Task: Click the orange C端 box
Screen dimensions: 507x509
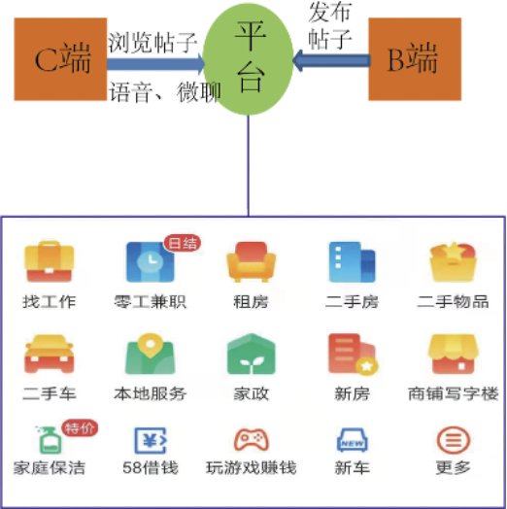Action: point(60,59)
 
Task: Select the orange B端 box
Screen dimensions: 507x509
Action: point(415,59)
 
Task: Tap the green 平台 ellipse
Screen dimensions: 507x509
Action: point(249,59)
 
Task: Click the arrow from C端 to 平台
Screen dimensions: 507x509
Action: point(156,64)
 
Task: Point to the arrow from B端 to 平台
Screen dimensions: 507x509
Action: point(331,60)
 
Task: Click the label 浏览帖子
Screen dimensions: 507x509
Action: point(152,43)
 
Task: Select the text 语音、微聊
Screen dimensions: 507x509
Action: point(165,92)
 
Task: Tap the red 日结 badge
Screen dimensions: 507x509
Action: point(183,243)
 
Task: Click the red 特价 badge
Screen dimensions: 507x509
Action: point(80,427)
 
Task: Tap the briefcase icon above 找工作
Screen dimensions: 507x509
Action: point(50,261)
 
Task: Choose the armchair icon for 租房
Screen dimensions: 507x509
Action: point(252,261)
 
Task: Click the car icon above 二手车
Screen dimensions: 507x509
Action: point(50,354)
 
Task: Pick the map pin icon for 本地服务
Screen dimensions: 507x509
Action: point(151,354)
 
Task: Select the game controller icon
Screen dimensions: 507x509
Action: point(252,439)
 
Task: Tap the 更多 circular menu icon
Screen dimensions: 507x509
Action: point(454,440)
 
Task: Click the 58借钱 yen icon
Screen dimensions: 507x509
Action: point(151,440)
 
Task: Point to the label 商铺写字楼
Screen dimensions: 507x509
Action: point(454,393)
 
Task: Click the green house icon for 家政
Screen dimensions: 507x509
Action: point(252,354)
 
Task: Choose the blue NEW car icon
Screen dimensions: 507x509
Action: point(353,440)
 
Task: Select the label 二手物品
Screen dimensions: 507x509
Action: point(454,301)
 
